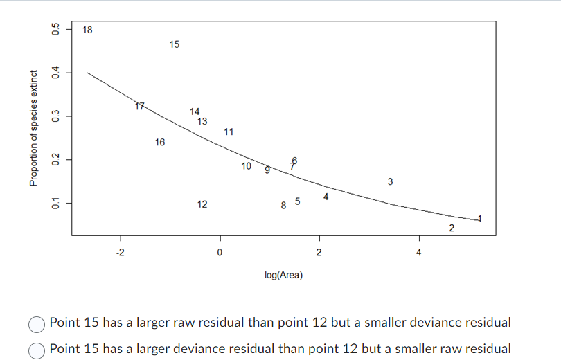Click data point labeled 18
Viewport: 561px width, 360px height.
tap(87, 30)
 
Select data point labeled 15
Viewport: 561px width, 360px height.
tap(174, 44)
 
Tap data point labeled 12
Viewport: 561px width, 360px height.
tap(202, 204)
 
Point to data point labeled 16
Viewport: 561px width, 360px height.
tap(160, 143)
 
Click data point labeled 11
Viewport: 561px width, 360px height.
tap(229, 132)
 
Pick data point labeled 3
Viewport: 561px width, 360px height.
tap(391, 182)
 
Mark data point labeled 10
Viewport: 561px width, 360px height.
tap(246, 165)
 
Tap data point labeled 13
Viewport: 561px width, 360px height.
tap(202, 121)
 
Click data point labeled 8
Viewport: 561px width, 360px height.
tap(283, 205)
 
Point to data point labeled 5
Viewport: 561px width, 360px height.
tap(297, 201)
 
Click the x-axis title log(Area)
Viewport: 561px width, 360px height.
tap(284, 276)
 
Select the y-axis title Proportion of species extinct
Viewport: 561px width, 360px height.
tap(33, 127)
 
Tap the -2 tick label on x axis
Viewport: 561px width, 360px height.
tap(120, 251)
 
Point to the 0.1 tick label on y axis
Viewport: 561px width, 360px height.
tap(53, 203)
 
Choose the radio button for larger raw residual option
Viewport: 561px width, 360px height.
tap(37, 323)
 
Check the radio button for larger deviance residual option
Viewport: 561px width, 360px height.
tap(37, 349)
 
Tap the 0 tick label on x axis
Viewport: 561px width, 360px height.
tap(220, 251)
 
